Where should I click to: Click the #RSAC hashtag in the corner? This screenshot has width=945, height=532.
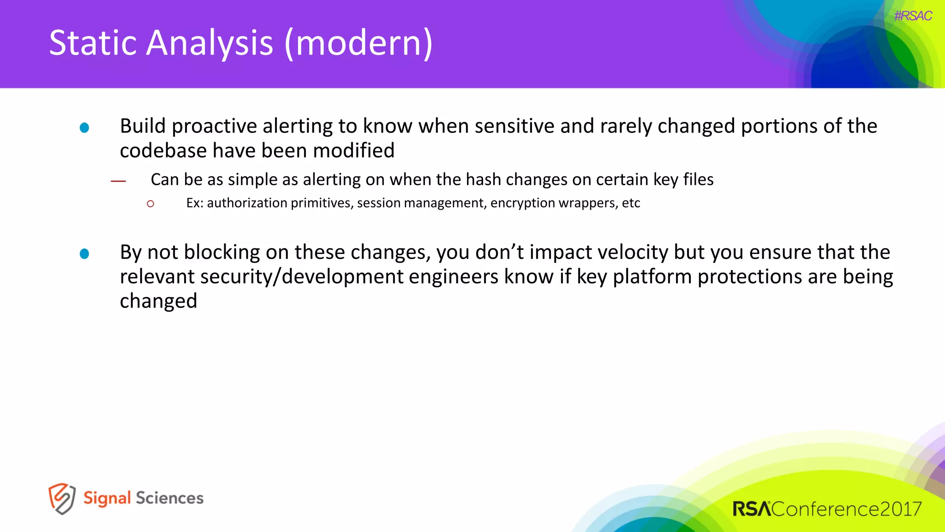click(x=913, y=16)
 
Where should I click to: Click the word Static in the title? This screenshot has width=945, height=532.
click(x=92, y=43)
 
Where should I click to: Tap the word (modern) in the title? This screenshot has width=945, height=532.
click(x=359, y=43)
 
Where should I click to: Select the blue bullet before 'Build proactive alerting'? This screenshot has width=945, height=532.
click(x=84, y=128)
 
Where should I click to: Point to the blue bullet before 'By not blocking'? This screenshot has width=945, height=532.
click(x=84, y=254)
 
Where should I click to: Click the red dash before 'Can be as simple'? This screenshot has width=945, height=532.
click(x=118, y=181)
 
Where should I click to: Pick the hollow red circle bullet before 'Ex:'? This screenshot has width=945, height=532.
click(x=150, y=204)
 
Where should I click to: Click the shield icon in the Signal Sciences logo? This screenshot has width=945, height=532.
click(x=62, y=499)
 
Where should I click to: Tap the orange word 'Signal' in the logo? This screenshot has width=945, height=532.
click(x=107, y=498)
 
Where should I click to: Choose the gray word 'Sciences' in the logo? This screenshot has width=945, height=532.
click(x=169, y=498)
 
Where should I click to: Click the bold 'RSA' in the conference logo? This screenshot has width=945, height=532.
click(x=751, y=509)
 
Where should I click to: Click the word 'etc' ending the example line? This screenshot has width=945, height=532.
click(x=631, y=203)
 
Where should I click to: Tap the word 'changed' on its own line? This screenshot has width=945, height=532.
click(x=158, y=301)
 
